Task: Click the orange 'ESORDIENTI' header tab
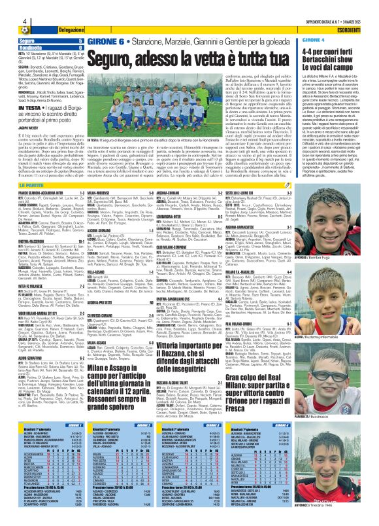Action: click(355, 31)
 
